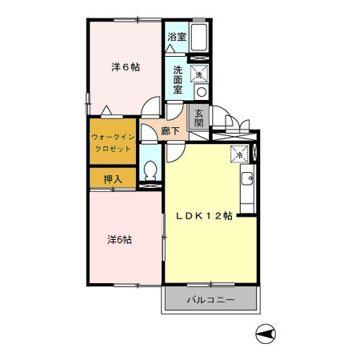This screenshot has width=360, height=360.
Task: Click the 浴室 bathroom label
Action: pyautogui.click(x=177, y=37)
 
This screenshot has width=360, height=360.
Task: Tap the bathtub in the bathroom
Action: pyautogui.click(x=199, y=38)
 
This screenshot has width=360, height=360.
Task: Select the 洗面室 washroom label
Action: pyautogui.click(x=178, y=79)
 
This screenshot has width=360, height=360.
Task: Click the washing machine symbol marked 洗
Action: pyautogui.click(x=199, y=74)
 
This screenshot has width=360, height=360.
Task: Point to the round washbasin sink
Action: pyautogui.click(x=202, y=92)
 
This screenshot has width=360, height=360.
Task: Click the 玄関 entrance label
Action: pyautogui.click(x=199, y=118)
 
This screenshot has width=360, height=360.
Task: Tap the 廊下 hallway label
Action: pyautogui.click(x=170, y=130)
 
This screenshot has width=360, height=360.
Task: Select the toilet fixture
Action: pyautogui.click(x=150, y=170)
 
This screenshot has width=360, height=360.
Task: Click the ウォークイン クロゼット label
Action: pyautogui.click(x=113, y=143)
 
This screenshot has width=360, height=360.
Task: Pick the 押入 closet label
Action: pyautogui.click(x=113, y=179)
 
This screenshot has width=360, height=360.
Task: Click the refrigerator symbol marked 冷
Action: pyautogui.click(x=239, y=154)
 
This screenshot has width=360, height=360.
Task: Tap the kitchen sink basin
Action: pyautogui.click(x=247, y=178)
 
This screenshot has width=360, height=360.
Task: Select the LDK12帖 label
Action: pyautogui.click(x=204, y=215)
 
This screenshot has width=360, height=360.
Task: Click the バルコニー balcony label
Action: pyautogui.click(x=210, y=300)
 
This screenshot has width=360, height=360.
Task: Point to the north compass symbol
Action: pyautogui.click(x=266, y=334)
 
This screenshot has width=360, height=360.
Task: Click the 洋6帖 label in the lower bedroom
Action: pyautogui.click(x=119, y=240)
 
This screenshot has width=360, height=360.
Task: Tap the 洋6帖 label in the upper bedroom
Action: pyautogui.click(x=126, y=67)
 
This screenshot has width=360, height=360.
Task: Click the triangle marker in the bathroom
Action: pyautogui.click(x=170, y=49)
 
